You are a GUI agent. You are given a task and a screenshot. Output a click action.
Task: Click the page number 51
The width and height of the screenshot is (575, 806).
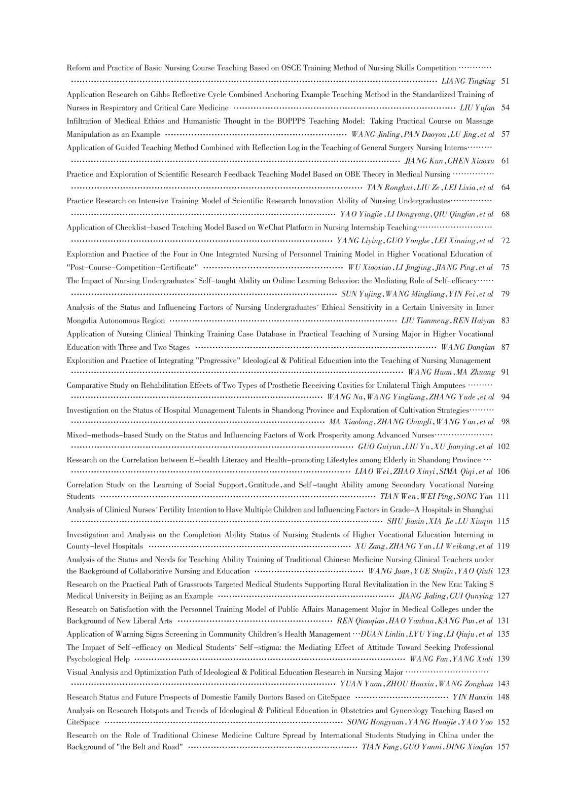505,81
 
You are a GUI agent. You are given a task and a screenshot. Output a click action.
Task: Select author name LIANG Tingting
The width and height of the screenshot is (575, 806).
468,81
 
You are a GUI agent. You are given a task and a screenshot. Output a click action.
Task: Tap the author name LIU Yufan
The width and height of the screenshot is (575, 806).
477,107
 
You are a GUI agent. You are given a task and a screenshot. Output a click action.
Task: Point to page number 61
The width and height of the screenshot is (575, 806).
505,161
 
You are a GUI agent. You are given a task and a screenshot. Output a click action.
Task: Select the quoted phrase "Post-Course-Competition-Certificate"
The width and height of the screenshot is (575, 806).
132,267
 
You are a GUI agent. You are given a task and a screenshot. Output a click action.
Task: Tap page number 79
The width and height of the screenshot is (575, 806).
505,294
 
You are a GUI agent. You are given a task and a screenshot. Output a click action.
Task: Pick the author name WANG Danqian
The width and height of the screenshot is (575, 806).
468,347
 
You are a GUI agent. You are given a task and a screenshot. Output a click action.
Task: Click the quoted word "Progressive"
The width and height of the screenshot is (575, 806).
218,360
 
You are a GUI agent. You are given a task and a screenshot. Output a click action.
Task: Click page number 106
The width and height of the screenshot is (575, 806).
504,471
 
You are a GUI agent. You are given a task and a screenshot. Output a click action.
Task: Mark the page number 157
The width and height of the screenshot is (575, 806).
504,747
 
